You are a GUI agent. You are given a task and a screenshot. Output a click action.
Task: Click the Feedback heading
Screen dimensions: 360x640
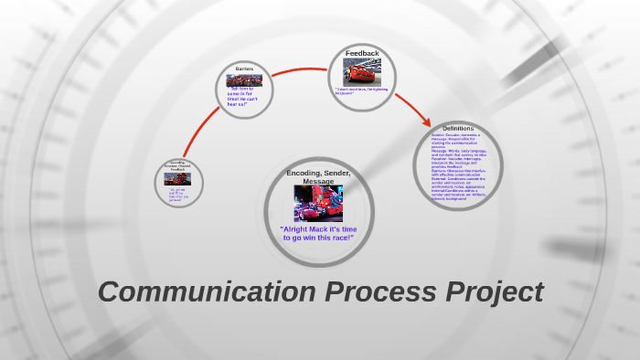click(x=362, y=54)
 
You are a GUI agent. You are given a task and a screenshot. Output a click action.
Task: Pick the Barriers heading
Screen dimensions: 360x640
click(x=244, y=69)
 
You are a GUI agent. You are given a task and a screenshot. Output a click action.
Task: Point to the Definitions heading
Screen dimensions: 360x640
click(x=458, y=128)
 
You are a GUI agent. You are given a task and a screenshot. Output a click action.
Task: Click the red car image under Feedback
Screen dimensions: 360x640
click(x=361, y=71)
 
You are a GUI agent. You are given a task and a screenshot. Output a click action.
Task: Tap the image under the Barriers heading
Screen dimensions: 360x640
click(x=244, y=80)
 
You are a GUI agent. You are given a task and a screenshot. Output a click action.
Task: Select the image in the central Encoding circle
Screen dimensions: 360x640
click(x=318, y=203)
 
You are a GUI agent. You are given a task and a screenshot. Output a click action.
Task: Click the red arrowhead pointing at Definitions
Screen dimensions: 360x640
click(x=425, y=121)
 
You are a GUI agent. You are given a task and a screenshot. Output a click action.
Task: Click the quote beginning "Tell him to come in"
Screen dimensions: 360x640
click(x=243, y=98)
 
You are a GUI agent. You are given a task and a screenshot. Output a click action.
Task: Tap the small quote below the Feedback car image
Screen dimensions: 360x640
click(x=362, y=90)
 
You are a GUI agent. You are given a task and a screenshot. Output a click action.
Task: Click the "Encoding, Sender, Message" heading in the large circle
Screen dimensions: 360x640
click(x=318, y=176)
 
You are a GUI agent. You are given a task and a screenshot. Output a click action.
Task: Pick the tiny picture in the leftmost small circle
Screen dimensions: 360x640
click(x=177, y=179)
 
